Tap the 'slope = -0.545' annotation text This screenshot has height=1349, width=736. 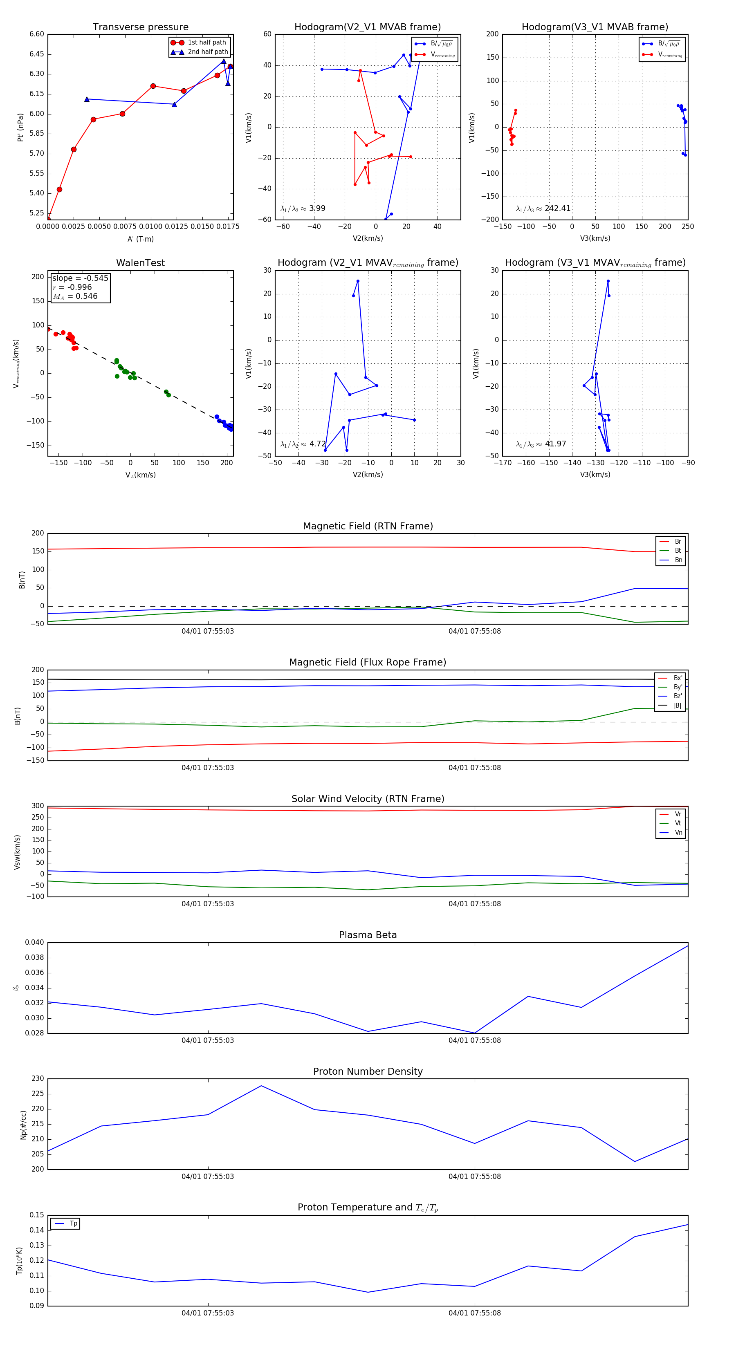click(x=80, y=278)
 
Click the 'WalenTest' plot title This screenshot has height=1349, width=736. click(x=140, y=263)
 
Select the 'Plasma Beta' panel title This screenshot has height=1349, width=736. click(x=368, y=935)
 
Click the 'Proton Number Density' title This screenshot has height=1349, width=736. click(x=368, y=1071)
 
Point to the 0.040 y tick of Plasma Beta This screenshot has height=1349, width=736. click(x=35, y=942)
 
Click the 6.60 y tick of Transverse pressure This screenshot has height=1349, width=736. click(x=37, y=34)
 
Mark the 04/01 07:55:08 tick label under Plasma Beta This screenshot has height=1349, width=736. click(x=474, y=1040)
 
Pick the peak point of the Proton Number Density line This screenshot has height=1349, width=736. click(x=261, y=1086)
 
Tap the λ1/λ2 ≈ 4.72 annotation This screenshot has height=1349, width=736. click(x=303, y=444)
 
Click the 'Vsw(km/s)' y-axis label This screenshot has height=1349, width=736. click(x=17, y=852)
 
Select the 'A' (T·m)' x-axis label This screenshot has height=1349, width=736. click(x=140, y=239)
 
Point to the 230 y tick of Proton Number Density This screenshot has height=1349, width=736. click(x=38, y=1078)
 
